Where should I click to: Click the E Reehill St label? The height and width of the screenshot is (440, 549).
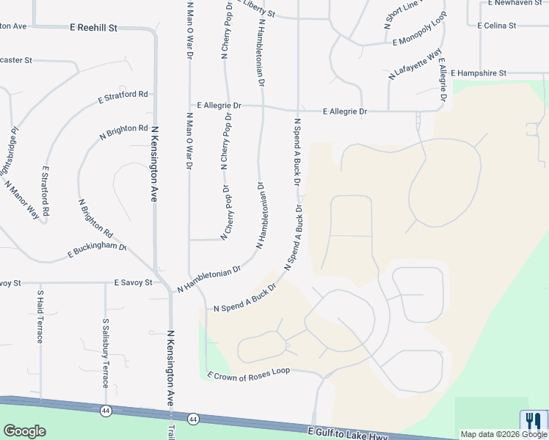pyautogui.click(x=94, y=27)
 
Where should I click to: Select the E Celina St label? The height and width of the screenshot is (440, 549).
pyautogui.click(x=497, y=26)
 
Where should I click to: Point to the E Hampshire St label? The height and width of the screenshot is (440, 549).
pyautogui.click(x=479, y=73)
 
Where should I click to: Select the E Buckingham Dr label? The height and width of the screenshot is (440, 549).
pyautogui.click(x=97, y=251)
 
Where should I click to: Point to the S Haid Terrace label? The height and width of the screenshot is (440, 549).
pyautogui.click(x=40, y=317)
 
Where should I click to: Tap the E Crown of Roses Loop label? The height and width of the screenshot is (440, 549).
pyautogui.click(x=249, y=373)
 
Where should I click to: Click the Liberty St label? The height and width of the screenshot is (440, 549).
pyautogui.click(x=253, y=10)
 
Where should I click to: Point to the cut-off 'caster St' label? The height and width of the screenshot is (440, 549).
pyautogui.click(x=16, y=60)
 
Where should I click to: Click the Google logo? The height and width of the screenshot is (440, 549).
pyautogui.click(x=24, y=431)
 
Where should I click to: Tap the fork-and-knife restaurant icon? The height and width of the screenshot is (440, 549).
pyautogui.click(x=531, y=420)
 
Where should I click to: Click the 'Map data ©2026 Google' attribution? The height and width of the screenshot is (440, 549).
pyautogui.click(x=503, y=434)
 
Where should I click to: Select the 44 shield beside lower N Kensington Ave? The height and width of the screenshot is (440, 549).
pyautogui.click(x=193, y=419)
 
